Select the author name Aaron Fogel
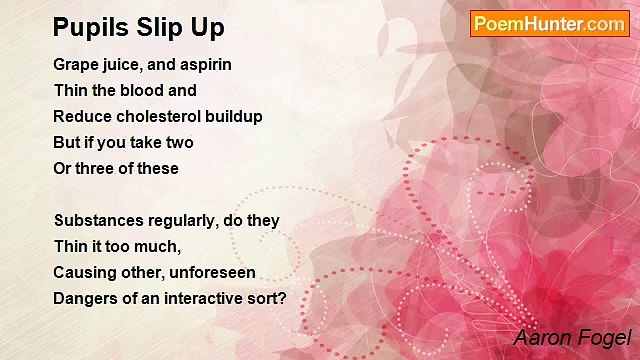572,338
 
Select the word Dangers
85,298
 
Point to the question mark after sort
282,298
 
